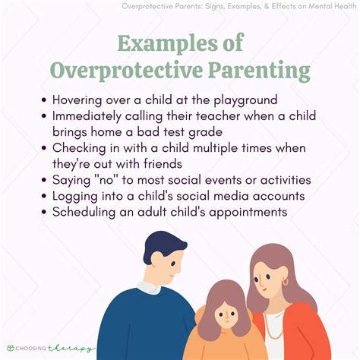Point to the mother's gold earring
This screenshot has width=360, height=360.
coord(286,282)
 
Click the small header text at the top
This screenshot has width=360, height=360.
coord(238,8)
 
